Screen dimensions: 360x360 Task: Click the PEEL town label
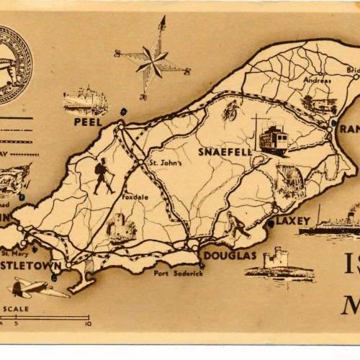click(88, 122)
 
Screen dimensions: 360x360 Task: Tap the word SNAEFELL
click(225, 152)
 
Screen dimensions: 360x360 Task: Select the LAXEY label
click(292, 221)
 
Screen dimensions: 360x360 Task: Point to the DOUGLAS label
click(230, 255)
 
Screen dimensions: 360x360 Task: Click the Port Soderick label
click(179, 273)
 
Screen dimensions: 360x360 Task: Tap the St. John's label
click(165, 163)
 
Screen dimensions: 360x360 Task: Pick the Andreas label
click(317, 81)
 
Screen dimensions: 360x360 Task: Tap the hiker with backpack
click(103, 176)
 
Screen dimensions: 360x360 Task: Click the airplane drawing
click(36, 287)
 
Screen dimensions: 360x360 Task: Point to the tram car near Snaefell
click(273, 139)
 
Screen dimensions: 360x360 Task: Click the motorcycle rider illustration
click(230, 110)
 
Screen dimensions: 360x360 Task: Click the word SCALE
click(16, 309)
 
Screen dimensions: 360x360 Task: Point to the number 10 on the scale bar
click(88, 323)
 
